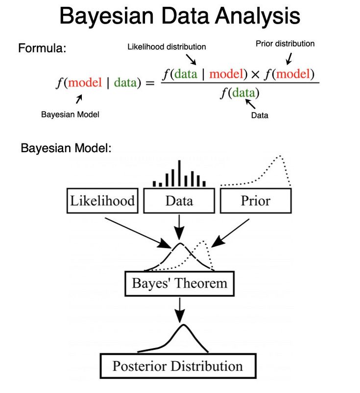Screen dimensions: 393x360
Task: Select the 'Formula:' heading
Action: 42,48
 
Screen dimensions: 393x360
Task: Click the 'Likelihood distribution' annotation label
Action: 167,47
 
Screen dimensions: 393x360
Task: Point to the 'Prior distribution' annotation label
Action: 285,44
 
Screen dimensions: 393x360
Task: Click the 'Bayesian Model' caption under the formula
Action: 70,114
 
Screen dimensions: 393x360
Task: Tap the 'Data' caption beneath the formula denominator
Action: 260,116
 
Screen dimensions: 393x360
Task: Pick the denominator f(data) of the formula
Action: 240,92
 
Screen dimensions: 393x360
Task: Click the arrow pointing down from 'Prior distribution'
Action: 288,59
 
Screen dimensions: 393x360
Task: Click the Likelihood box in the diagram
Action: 102,201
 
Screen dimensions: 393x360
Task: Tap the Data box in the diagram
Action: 179,201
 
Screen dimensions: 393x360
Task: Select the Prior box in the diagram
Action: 255,201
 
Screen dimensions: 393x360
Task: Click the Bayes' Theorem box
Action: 179,283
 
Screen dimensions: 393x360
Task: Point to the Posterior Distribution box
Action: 177,366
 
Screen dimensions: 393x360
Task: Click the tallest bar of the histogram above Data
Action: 179,173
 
